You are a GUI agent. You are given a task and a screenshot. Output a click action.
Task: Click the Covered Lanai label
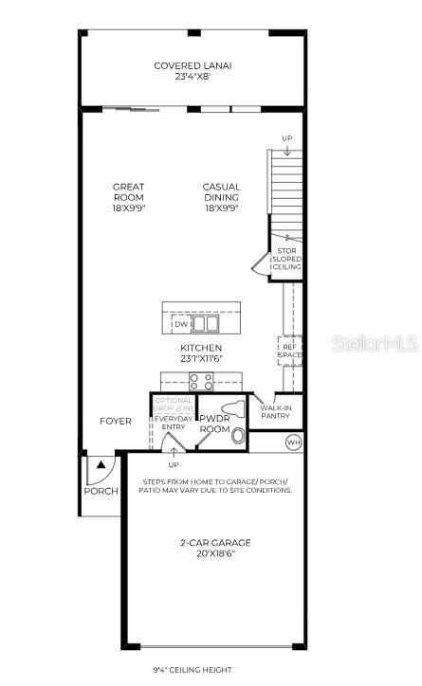click(x=193, y=71)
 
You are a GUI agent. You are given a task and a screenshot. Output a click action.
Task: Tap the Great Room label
click(x=128, y=197)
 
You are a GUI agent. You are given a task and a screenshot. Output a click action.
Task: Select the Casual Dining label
click(x=221, y=197)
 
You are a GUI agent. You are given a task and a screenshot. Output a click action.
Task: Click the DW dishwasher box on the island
click(x=180, y=324)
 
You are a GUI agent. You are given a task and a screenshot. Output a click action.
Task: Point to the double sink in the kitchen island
click(x=205, y=324)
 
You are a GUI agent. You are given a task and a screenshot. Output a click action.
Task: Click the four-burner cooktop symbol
click(x=201, y=381)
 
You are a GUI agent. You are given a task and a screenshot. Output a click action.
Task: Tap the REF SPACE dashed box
click(x=289, y=352)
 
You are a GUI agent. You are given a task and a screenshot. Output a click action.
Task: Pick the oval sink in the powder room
click(x=237, y=437)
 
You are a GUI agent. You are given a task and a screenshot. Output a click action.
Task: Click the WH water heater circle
click(x=293, y=442)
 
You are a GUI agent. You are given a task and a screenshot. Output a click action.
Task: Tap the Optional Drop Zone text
click(x=174, y=405)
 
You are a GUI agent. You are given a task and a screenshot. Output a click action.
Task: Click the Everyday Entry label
click(x=174, y=423)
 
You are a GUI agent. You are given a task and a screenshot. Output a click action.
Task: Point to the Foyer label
click(x=117, y=422)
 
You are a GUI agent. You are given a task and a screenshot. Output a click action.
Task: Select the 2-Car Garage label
click(x=215, y=548)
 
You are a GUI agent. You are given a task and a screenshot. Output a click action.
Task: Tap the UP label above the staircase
click(x=287, y=138)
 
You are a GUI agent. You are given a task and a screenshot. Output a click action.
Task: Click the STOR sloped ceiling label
click(x=286, y=259)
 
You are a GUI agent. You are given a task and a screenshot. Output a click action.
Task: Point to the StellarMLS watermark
click(x=375, y=343)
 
